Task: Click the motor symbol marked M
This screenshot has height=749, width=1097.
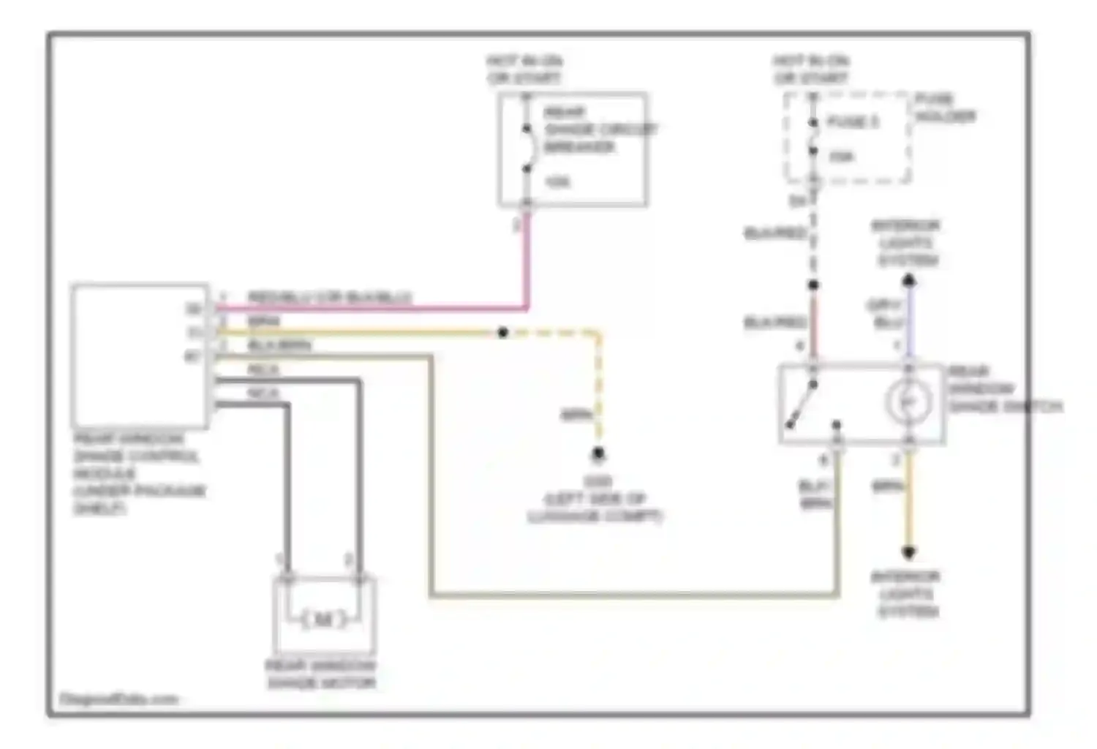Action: coord(323,620)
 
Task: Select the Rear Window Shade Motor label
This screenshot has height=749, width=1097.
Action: coord(320,674)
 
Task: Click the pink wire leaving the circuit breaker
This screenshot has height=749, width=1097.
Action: coord(525,263)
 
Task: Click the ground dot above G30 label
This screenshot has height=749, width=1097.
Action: coord(598,454)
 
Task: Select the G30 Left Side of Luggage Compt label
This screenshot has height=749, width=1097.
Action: coord(595,499)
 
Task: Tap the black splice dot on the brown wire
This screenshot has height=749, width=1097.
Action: coord(503,333)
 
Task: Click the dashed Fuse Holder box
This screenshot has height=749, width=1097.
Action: coord(848,138)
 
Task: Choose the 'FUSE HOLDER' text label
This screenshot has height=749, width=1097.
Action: coord(945,108)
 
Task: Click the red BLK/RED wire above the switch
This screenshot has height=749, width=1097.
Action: coord(813,322)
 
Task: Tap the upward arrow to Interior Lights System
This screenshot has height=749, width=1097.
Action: coord(908,280)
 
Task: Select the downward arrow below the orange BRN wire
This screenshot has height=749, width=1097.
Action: coord(908,552)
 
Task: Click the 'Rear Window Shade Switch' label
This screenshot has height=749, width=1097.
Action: coord(1002,389)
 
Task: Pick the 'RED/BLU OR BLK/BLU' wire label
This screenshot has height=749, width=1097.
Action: coord(329,298)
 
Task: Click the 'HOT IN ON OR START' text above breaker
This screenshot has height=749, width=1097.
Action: coord(524,69)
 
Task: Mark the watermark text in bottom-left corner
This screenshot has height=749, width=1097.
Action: coord(118,699)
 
